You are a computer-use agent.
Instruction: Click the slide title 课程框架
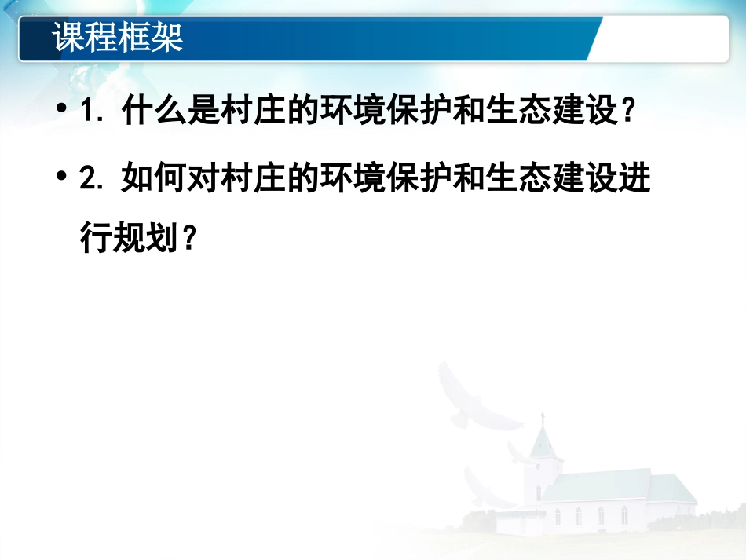click(118, 38)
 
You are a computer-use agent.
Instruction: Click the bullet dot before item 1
click(62, 112)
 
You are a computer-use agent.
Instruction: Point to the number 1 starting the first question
click(88, 112)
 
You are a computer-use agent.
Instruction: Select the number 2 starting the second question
click(88, 180)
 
